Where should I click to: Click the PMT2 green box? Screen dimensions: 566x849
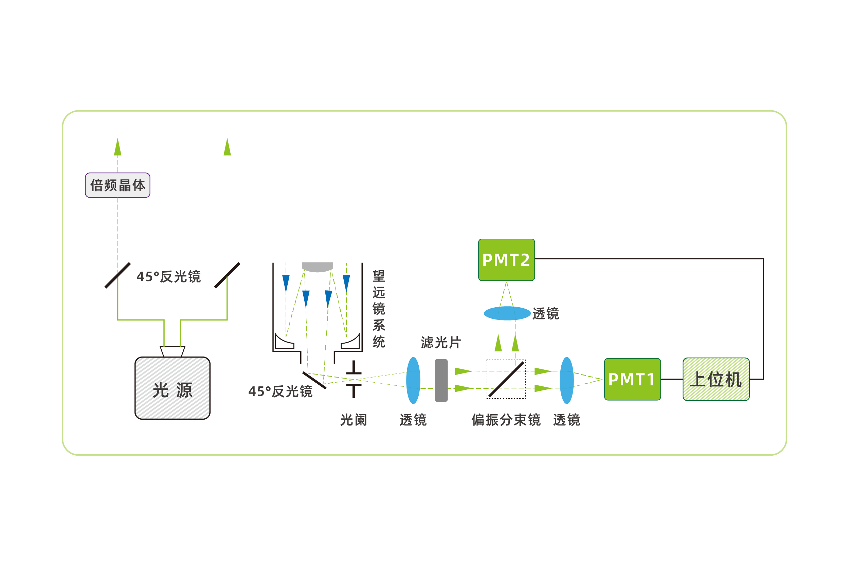[506, 260]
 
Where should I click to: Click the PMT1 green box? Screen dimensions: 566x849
[632, 379]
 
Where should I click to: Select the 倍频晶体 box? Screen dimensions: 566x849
[118, 185]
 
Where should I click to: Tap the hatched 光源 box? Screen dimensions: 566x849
[173, 388]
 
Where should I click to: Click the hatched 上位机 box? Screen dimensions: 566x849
[716, 379]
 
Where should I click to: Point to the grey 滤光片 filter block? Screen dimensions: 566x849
[441, 380]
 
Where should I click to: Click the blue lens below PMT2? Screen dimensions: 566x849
[507, 313]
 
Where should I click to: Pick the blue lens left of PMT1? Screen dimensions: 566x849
[567, 380]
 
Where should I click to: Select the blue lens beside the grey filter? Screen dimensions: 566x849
[413, 380]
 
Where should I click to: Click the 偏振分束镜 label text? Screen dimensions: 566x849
[506, 420]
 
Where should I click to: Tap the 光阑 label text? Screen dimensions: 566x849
[354, 420]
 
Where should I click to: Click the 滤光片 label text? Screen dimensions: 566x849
[441, 342]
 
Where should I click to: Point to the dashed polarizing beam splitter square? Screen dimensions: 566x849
[506, 379]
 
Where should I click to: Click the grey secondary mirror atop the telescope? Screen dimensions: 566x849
[317, 267]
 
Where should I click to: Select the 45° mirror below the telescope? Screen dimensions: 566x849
[314, 380]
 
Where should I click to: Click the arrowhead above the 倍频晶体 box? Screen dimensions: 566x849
[118, 147]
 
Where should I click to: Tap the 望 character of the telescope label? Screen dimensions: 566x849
[379, 276]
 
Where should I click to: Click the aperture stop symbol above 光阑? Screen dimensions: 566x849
[354, 379]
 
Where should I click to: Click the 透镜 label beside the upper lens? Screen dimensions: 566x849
[545, 313]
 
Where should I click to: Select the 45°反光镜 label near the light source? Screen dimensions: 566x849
[168, 276]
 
